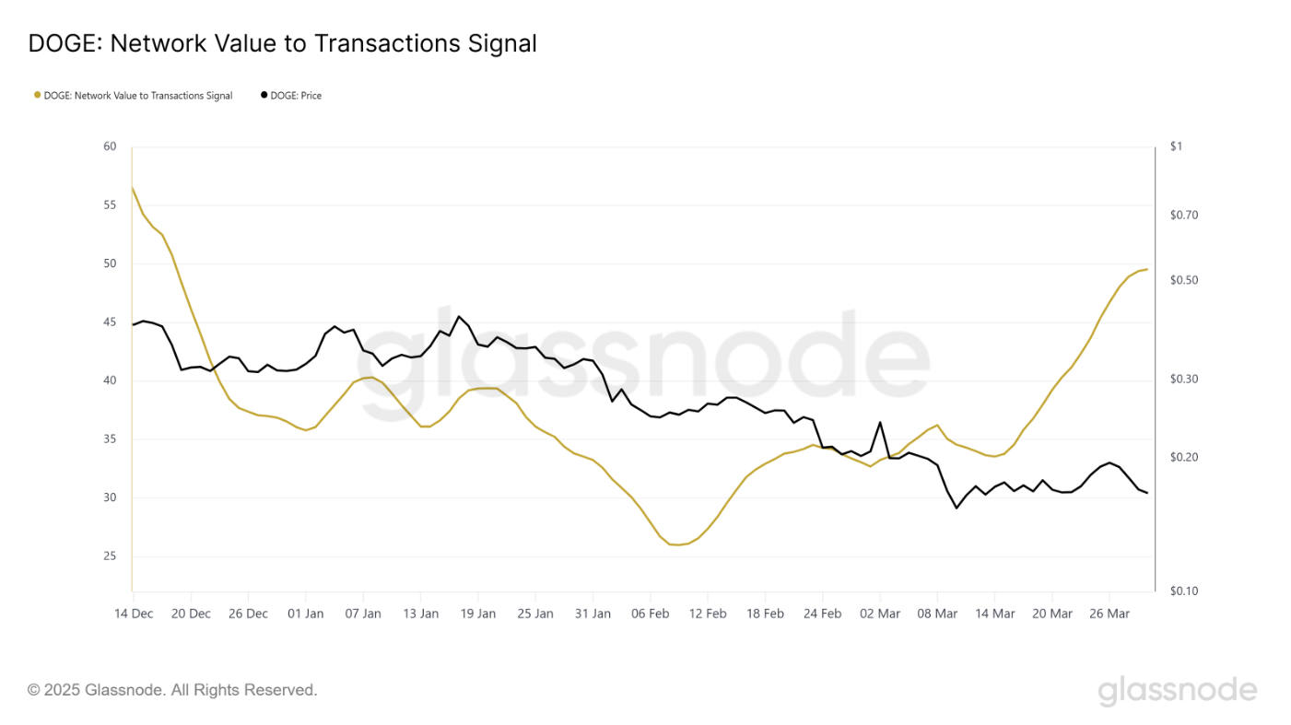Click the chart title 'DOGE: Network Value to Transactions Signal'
(282, 43)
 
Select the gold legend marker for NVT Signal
(38, 95)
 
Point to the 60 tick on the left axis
(110, 146)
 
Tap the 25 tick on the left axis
(110, 556)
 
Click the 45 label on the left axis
(110, 322)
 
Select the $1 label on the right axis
(1176, 146)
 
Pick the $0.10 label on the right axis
(1184, 591)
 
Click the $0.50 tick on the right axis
(1184, 280)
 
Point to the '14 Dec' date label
(134, 614)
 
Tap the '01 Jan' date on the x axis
(306, 614)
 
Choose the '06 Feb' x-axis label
(651, 614)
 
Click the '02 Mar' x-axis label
(880, 614)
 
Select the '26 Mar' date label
(1109, 614)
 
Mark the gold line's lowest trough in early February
(677, 545)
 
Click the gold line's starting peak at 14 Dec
(133, 188)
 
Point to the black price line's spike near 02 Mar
(880, 422)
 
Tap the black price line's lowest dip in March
(957, 508)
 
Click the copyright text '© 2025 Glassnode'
(172, 690)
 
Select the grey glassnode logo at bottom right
(1177, 691)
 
